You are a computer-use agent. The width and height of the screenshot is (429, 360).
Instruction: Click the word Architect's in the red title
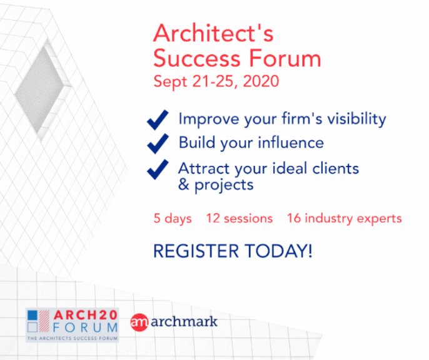(213, 33)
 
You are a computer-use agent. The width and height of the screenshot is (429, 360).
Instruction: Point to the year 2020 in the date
(261, 81)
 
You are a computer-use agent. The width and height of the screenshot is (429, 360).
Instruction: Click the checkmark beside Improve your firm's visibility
(158, 120)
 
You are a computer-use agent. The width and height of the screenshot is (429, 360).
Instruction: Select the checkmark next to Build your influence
(158, 143)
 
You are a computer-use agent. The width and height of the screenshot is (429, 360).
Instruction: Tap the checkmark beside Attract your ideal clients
(158, 169)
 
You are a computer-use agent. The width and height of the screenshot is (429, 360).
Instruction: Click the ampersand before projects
(184, 184)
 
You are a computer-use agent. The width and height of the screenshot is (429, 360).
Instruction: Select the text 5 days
(173, 219)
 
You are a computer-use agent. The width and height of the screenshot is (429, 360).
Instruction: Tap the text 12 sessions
(240, 219)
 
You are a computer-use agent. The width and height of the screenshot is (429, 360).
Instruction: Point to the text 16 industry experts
(344, 219)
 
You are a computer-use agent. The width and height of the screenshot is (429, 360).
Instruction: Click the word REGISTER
(196, 251)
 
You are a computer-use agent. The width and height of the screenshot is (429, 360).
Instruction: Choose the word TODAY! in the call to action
(278, 251)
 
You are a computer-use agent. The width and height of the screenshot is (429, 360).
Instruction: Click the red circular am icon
(139, 322)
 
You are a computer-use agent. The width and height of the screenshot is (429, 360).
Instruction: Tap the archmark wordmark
(184, 322)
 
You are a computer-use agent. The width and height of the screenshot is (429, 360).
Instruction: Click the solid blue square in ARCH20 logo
(33, 315)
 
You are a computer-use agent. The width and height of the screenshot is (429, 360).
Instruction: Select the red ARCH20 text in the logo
(86, 315)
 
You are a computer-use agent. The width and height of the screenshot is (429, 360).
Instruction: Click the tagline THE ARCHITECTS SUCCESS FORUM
(73, 338)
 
